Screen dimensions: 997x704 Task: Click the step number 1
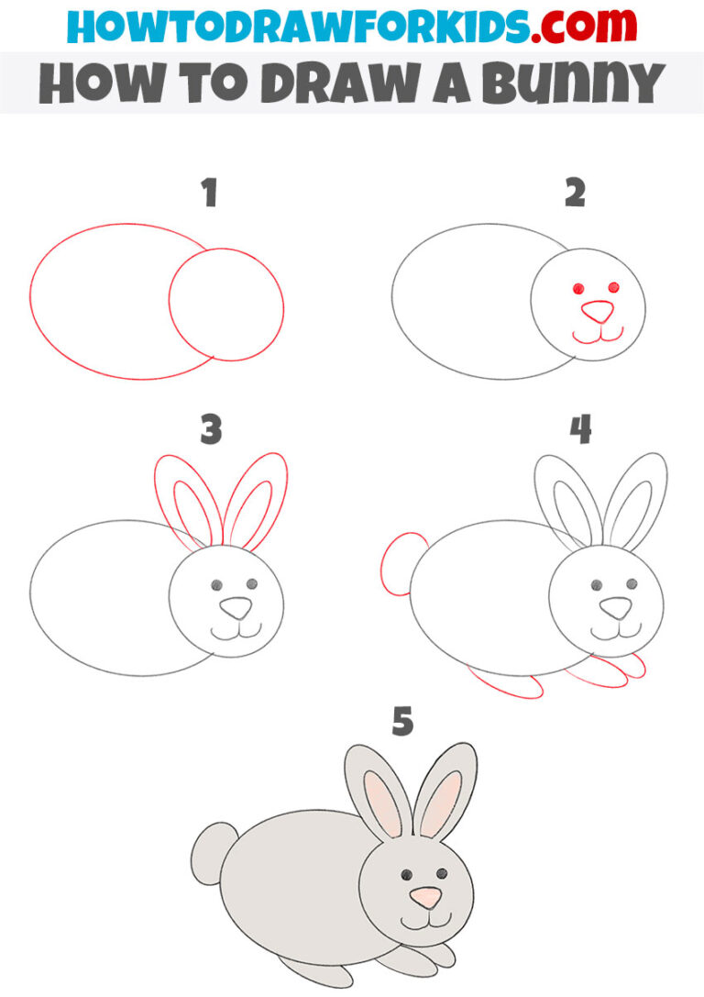[210, 194]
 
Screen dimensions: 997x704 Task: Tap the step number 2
[575, 194]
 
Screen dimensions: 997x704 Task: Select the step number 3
[211, 429]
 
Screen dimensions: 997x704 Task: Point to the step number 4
[580, 428]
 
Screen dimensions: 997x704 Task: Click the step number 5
[401, 722]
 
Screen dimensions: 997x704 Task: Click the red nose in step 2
[599, 312]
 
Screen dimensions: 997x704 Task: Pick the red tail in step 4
[396, 565]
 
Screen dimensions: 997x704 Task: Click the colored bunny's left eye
[405, 873]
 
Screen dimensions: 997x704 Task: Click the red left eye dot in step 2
[578, 289]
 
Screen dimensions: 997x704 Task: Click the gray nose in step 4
[616, 606]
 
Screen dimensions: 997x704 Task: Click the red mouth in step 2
[598, 336]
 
